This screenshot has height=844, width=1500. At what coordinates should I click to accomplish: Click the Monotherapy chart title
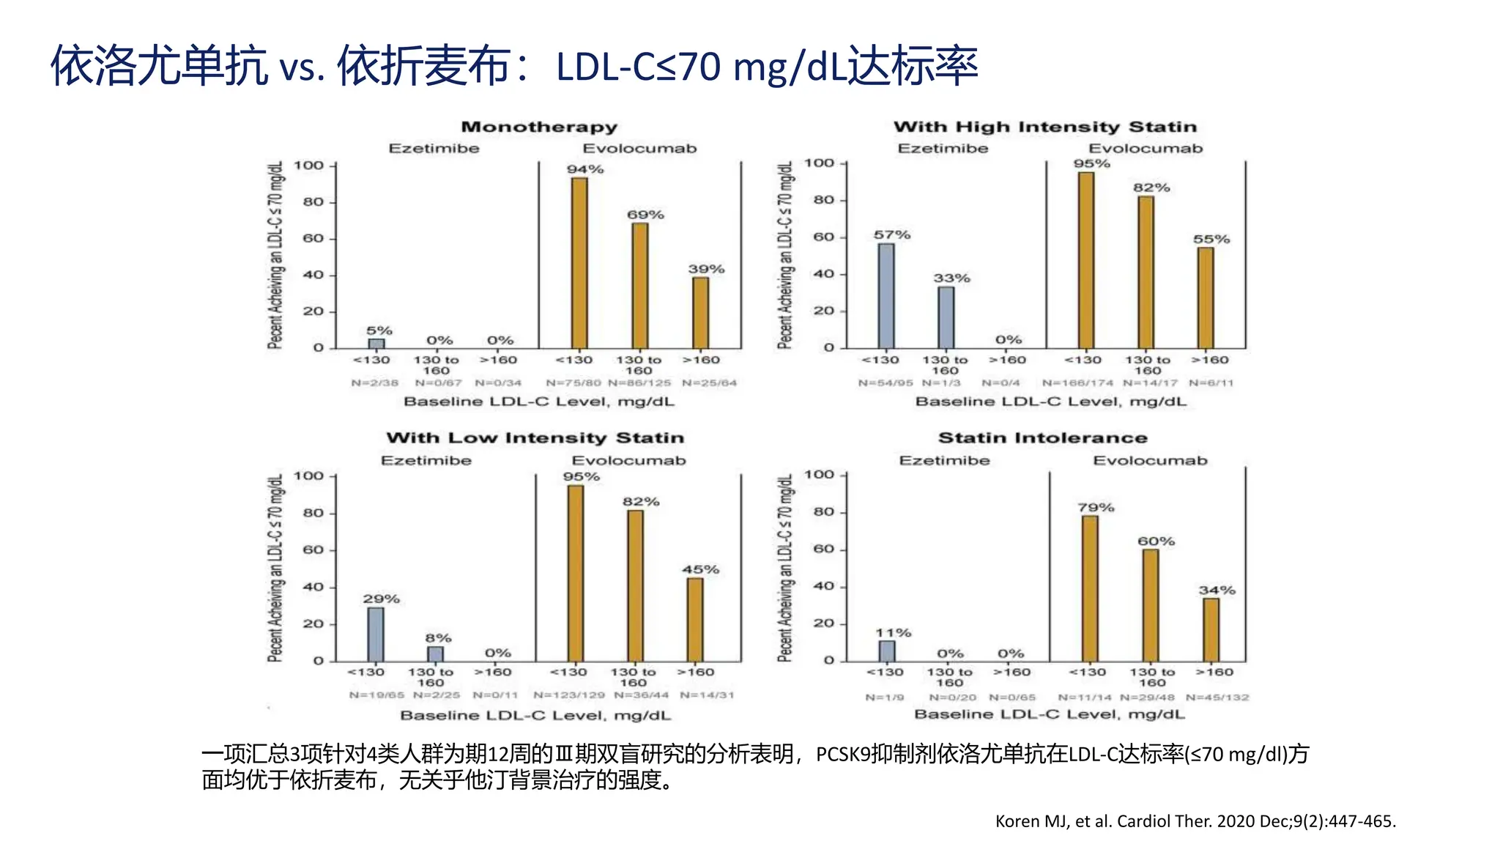pos(539,127)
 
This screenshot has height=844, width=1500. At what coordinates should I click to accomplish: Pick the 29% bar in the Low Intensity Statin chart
pos(376,634)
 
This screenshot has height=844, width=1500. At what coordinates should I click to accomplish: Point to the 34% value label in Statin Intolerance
pos(1217,590)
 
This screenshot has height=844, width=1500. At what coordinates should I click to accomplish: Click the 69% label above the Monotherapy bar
pos(645,215)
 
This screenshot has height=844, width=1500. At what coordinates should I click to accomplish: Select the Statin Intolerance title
pos(1043,437)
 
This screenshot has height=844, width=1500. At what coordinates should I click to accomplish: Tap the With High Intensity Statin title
pos(1044,127)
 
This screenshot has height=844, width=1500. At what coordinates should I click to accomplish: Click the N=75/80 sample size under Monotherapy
pos(573,382)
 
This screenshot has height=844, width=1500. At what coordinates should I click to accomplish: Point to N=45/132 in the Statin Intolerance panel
pos(1217,697)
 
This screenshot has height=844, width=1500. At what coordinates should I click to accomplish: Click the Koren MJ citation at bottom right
pos(1195,821)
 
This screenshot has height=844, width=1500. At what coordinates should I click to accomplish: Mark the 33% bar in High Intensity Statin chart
pos(946,317)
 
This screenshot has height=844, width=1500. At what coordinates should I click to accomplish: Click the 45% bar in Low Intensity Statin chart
pos(695,619)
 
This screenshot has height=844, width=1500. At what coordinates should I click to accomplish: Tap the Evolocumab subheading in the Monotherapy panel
pos(639,148)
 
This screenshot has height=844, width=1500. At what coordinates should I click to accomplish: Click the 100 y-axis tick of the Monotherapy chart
pos(308,166)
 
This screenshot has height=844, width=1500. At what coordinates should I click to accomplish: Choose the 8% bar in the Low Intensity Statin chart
pos(435,654)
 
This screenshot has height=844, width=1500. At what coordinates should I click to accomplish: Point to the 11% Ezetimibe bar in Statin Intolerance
pos(887,651)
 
